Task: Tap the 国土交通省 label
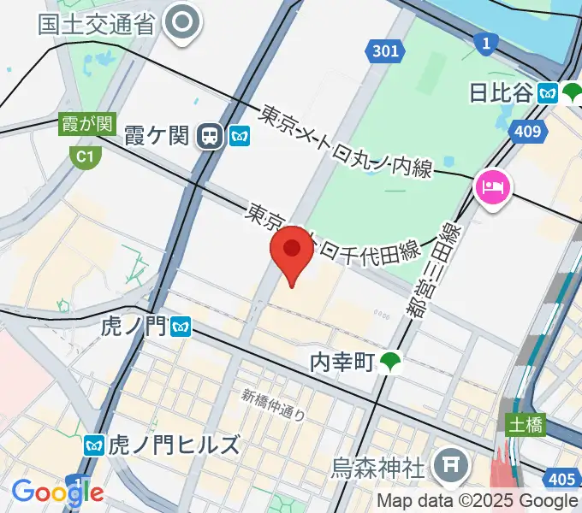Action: (96, 23)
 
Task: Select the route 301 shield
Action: (386, 51)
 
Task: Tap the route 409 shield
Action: (528, 131)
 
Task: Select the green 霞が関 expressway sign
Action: (86, 124)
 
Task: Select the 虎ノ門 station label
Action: (134, 326)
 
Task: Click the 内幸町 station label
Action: (341, 363)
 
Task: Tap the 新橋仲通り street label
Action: (273, 405)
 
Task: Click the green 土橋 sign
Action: (525, 425)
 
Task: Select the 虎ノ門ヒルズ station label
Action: (173, 445)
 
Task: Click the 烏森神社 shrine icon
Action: (449, 466)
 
